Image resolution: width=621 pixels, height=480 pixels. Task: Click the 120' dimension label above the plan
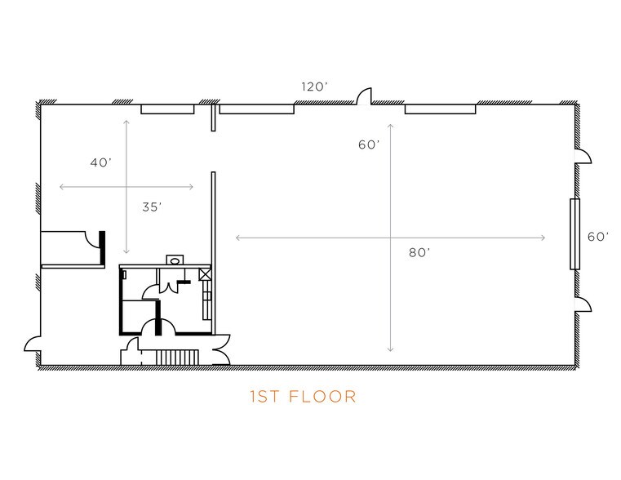point(314,87)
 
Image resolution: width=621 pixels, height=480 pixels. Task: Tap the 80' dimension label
point(419,252)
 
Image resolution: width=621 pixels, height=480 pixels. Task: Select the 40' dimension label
point(101,162)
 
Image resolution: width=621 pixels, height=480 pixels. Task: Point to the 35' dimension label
point(152,207)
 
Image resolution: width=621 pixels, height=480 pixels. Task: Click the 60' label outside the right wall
point(598,237)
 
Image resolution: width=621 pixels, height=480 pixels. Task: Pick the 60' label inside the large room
point(369,144)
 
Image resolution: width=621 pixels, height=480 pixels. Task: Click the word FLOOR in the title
point(323,397)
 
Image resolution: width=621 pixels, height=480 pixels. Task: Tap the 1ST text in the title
point(265,397)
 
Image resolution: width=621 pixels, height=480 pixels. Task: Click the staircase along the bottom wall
point(177,358)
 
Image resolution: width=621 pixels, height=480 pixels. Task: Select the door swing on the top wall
point(365,96)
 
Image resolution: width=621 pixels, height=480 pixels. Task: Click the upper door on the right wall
point(583,157)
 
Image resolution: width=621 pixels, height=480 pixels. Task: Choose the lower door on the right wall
point(583,304)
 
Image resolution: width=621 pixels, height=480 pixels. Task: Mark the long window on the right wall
point(574,234)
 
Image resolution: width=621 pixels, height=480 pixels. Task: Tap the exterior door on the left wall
point(33,344)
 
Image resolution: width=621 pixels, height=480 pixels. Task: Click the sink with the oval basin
point(175,260)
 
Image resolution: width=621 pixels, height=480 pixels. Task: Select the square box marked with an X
point(205,274)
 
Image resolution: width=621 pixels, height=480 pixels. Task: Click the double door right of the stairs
point(221,350)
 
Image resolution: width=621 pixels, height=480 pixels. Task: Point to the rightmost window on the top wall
point(440,109)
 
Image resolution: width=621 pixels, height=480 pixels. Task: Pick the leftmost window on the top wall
point(168,109)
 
